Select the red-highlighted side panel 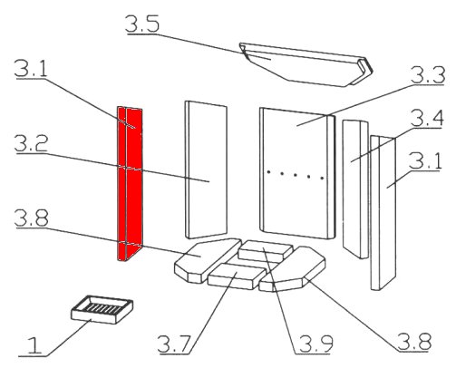[130, 183]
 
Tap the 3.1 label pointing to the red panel [31, 68]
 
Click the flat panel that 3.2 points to [206, 169]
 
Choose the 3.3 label [428, 75]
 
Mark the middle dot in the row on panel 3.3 [295, 175]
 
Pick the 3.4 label [427, 119]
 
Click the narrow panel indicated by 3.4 [355, 189]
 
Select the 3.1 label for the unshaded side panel [425, 160]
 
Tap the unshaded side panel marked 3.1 [383, 213]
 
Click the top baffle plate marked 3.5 [306, 65]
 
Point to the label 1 [34, 345]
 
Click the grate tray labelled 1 [102, 310]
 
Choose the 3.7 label [174, 344]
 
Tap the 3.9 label [315, 344]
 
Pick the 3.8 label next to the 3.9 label [414, 342]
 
